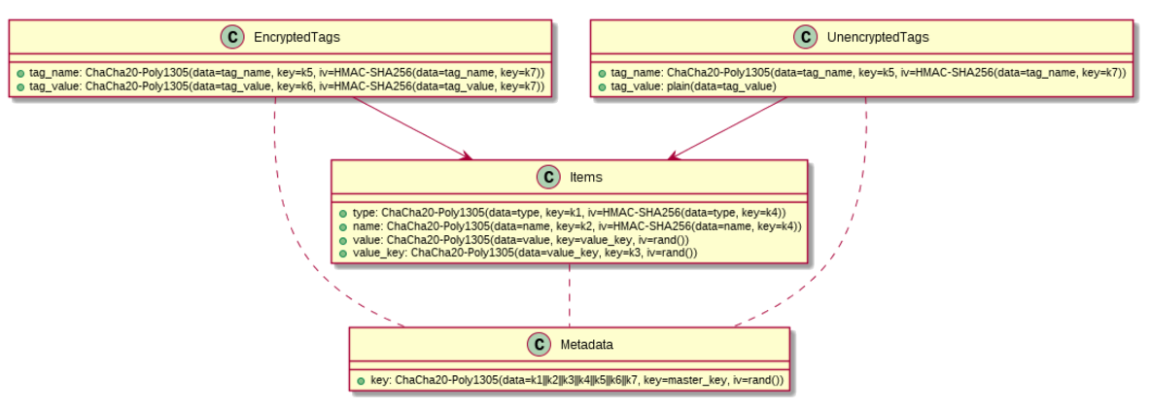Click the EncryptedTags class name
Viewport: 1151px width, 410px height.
tap(296, 37)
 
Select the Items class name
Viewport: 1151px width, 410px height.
tap(586, 177)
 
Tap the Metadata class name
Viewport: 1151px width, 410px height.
tap(586, 344)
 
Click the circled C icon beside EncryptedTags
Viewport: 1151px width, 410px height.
tap(232, 37)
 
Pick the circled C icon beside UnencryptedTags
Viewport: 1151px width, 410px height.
tap(806, 37)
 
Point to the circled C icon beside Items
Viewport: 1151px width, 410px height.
tap(548, 177)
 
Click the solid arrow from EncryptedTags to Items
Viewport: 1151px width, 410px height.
tap(412, 128)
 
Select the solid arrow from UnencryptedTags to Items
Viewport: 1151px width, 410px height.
tap(727, 128)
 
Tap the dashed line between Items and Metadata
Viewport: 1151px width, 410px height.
tap(570, 295)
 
